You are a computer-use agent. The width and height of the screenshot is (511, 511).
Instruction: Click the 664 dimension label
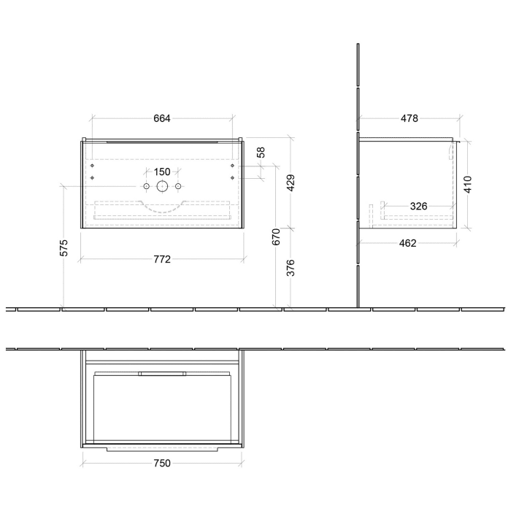tap(162, 119)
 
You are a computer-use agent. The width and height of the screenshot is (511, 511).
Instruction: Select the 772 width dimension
tap(162, 260)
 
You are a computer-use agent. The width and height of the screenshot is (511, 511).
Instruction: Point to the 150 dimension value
tap(162, 172)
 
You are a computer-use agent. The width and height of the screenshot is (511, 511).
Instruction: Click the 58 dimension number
tap(261, 153)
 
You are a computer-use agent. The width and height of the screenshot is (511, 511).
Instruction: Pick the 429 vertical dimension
tap(290, 182)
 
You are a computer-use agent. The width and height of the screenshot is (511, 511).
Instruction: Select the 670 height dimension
tap(276, 237)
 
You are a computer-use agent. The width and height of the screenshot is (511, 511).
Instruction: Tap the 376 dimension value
tap(290, 268)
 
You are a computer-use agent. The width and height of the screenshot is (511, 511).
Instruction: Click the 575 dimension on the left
tap(64, 247)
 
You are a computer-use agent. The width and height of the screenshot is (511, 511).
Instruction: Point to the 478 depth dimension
tap(409, 119)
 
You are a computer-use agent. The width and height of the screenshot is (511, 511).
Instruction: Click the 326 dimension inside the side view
tap(418, 207)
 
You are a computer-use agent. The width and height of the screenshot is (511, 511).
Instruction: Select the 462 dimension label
tap(409, 243)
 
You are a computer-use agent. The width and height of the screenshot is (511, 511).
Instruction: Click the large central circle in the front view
tap(161, 187)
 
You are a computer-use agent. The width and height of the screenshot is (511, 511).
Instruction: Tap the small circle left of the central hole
tap(146, 188)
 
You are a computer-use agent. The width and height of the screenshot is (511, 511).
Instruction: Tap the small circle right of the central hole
tap(177, 188)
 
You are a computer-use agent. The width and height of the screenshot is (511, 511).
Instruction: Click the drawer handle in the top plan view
tap(162, 374)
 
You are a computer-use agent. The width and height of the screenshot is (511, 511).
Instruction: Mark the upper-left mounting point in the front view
tap(93, 165)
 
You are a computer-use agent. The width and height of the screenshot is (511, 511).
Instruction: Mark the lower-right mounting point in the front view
tap(231, 177)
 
